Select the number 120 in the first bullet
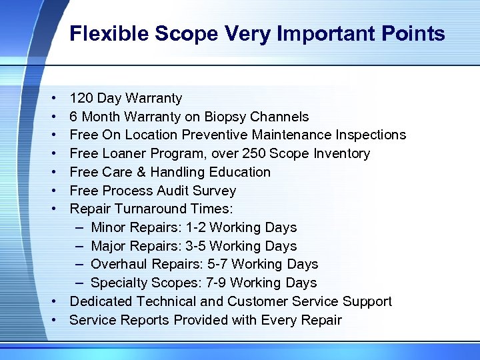click(82, 98)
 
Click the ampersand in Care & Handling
click(141, 172)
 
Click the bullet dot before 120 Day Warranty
click(53, 99)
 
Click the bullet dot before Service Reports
click(53, 321)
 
